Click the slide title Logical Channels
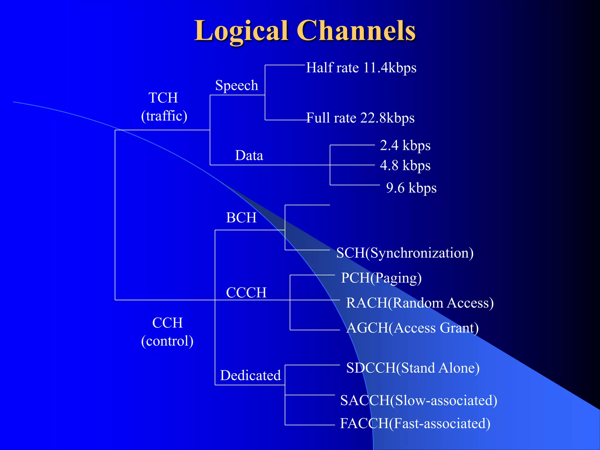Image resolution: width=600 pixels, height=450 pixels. (305, 31)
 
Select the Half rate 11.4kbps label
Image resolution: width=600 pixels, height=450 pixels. (361, 68)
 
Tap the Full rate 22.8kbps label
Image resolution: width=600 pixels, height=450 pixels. (360, 118)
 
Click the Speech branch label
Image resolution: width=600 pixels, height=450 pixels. (237, 86)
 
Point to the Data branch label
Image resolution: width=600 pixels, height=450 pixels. (249, 155)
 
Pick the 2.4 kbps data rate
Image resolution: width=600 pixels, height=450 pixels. (405, 145)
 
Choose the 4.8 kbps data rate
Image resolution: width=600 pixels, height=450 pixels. (405, 165)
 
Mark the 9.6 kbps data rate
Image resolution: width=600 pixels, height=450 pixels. (411, 188)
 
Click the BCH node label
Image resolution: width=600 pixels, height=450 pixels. (241, 218)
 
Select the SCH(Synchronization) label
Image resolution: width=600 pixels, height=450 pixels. (405, 253)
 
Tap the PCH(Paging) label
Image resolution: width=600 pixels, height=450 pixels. (381, 278)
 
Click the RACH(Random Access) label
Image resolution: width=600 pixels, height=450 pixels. (420, 303)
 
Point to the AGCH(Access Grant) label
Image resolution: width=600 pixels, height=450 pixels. (412, 328)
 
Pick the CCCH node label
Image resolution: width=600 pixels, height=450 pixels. (246, 292)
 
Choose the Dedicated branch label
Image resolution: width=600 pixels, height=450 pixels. (250, 375)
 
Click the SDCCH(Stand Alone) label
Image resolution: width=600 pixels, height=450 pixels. (412, 368)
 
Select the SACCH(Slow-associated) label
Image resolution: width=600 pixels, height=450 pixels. (418, 400)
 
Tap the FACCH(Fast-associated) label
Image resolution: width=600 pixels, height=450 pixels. (415, 423)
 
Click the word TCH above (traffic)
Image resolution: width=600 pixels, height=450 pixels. (163, 98)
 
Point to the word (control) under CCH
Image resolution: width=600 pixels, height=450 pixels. (167, 341)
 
